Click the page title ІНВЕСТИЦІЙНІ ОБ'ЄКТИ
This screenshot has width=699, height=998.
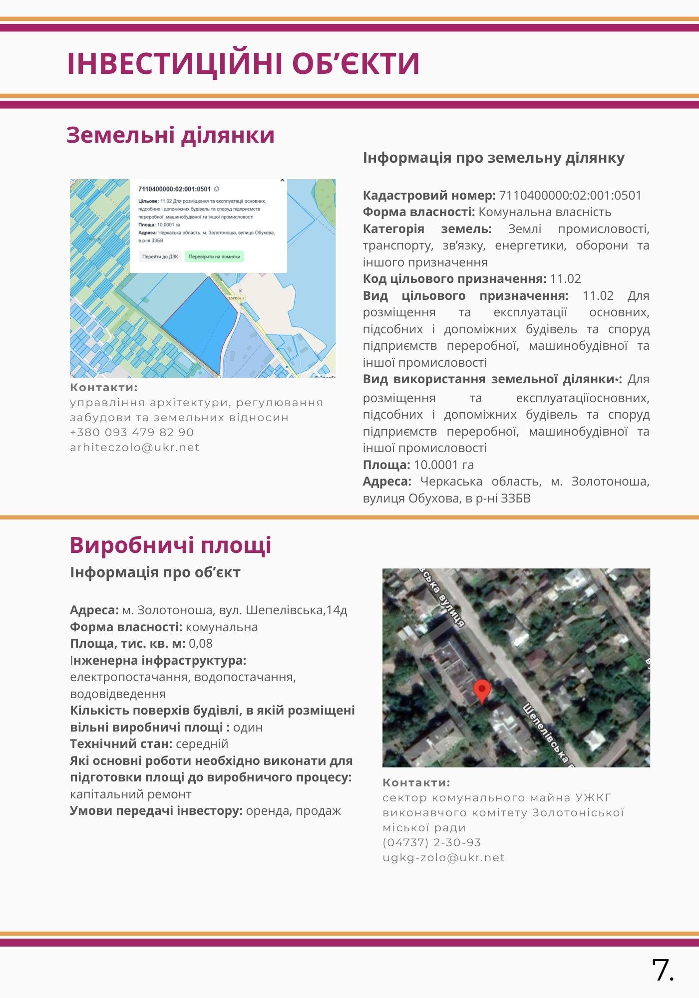click(243, 63)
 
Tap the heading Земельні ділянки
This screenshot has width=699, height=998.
click(170, 135)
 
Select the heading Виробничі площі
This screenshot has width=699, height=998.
click(170, 545)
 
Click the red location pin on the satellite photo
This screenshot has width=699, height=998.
click(482, 690)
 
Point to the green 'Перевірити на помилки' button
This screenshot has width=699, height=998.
click(214, 256)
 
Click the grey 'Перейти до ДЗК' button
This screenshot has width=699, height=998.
click(160, 256)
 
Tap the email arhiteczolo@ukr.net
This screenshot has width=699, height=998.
click(135, 448)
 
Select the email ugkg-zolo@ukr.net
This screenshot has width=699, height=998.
click(443, 858)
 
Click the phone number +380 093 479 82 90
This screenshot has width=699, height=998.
click(132, 433)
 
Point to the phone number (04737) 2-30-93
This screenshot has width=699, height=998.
click(432, 843)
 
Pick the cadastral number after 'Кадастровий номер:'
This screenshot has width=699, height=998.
click(570, 196)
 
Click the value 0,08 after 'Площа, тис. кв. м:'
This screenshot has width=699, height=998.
click(201, 644)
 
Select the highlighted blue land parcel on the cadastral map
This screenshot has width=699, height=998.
click(200, 324)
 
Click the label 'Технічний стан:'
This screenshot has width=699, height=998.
click(121, 744)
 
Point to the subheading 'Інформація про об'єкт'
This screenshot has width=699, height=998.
click(155, 572)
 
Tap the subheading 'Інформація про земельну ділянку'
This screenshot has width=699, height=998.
click(493, 158)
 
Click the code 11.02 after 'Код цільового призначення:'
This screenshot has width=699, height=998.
click(565, 279)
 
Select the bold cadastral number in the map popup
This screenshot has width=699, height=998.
click(174, 189)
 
